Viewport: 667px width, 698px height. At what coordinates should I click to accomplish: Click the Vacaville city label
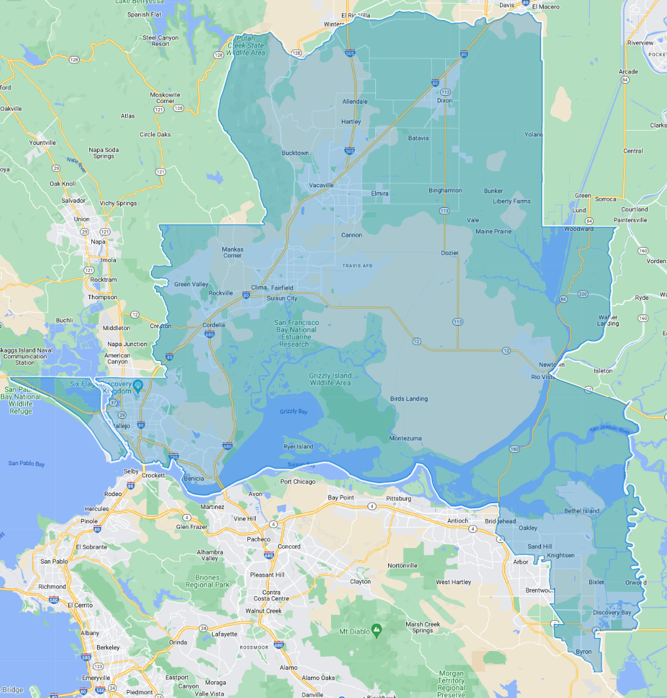click(x=321, y=185)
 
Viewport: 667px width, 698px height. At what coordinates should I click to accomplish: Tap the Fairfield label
click(x=282, y=288)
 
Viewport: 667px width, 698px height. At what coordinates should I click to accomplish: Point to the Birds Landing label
click(x=409, y=399)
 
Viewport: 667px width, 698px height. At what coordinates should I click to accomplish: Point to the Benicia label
click(x=193, y=479)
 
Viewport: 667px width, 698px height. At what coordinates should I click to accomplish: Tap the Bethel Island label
click(x=582, y=511)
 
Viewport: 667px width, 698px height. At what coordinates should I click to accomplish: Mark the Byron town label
click(x=583, y=652)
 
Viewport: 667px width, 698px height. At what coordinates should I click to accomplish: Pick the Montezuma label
click(x=405, y=438)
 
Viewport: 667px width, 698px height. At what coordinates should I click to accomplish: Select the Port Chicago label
click(x=298, y=482)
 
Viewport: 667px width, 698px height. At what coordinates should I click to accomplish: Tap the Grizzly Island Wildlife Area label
click(x=330, y=379)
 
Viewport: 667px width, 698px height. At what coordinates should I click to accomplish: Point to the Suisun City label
click(x=282, y=298)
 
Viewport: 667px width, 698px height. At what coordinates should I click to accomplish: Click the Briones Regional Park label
click(x=208, y=581)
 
